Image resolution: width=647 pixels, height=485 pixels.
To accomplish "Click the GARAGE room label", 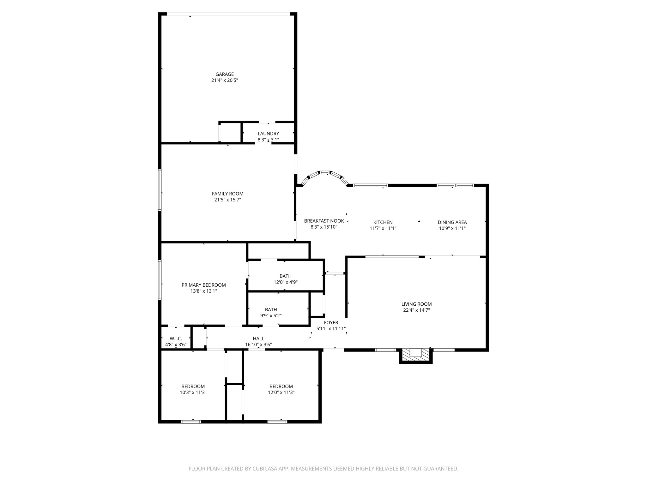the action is point(225,75).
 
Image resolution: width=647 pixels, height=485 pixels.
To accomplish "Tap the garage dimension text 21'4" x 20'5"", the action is point(225,81).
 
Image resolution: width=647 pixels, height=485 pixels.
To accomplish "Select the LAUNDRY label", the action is point(268,134).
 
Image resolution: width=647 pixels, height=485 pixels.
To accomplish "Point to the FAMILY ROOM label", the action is point(227,194).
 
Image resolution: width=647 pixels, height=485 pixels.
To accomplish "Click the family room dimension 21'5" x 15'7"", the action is point(227,200).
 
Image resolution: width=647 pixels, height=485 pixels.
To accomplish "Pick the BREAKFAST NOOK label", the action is point(324,221).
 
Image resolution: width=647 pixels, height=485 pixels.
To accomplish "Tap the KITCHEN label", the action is point(383,222).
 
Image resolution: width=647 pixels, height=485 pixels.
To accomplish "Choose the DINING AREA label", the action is point(452,222).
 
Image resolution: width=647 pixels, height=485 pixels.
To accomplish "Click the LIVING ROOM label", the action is point(416,304).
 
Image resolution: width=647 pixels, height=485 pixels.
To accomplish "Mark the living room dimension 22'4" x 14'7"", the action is point(416,310).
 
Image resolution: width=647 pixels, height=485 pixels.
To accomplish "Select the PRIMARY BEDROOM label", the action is point(203,285).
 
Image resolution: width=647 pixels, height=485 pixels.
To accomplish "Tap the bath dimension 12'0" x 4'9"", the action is point(285,282).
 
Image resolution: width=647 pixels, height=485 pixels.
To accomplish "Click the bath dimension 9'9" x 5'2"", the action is point(271,316).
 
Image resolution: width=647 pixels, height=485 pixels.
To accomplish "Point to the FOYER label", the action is point(331,323).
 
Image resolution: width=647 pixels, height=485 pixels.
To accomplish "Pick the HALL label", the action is point(258,339).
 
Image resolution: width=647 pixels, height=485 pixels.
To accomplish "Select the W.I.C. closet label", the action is point(176,339).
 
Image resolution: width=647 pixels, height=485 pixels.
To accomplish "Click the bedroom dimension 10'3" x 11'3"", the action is point(193,392).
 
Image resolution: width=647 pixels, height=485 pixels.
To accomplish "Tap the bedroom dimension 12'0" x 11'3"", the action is point(281,392).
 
